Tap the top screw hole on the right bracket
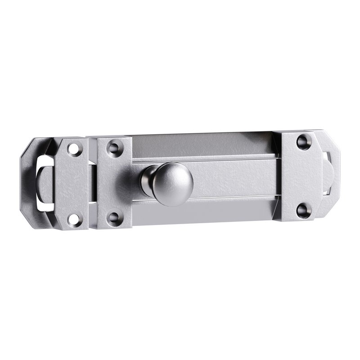(x=301, y=141)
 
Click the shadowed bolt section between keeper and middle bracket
(x=93, y=182)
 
